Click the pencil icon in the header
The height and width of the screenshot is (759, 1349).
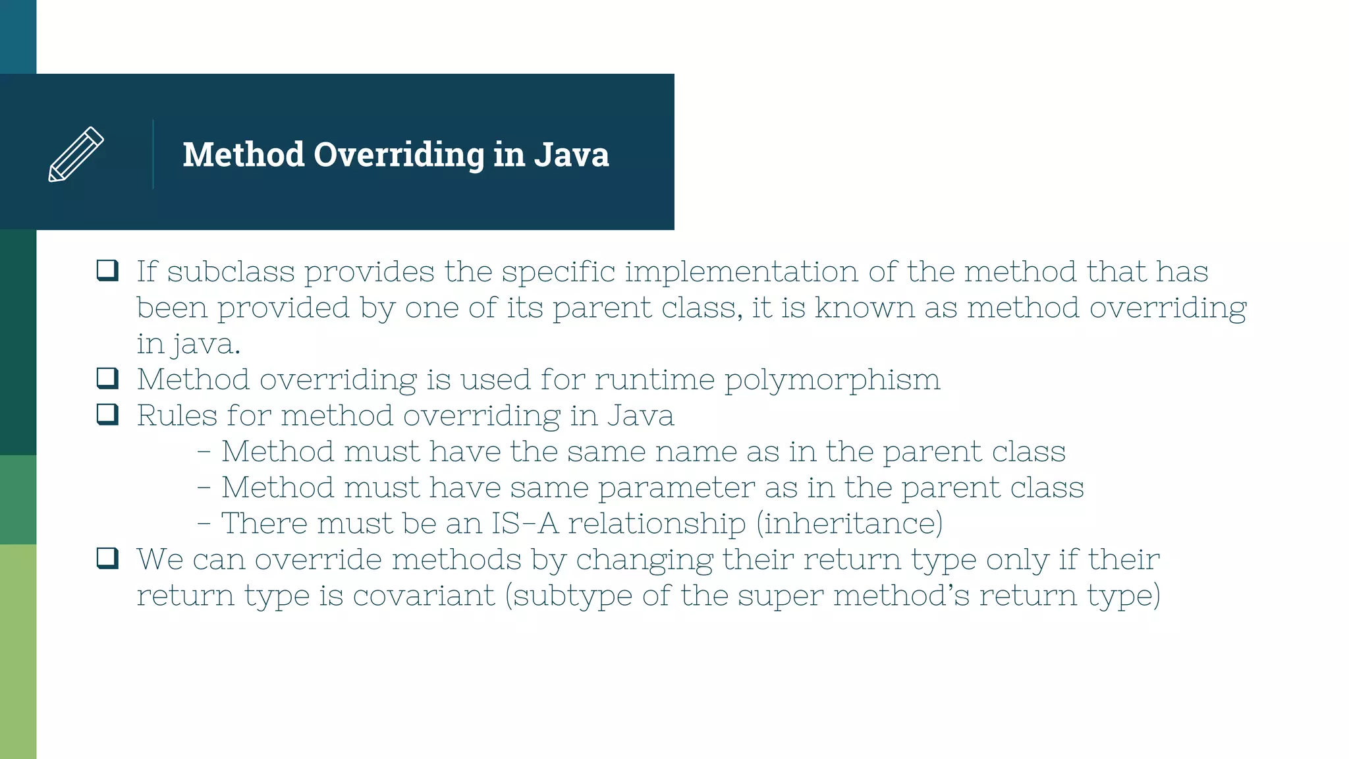(x=76, y=154)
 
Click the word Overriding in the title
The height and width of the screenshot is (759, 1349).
(x=399, y=155)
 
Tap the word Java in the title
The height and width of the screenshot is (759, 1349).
(x=571, y=154)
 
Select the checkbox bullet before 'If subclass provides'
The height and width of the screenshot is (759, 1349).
(x=107, y=270)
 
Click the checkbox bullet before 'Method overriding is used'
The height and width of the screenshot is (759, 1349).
(x=107, y=378)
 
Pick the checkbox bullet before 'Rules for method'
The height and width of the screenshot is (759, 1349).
(x=107, y=414)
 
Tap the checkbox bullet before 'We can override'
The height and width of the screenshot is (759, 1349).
(x=107, y=558)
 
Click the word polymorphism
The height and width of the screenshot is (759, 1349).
(x=832, y=381)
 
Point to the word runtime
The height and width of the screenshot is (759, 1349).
(x=654, y=379)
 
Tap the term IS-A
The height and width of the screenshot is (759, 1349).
(x=524, y=523)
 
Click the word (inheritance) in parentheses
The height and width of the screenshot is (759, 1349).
(x=849, y=523)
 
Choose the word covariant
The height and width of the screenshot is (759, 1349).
(x=424, y=595)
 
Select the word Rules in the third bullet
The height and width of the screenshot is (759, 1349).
(x=177, y=416)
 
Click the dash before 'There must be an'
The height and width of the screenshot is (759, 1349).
(x=204, y=524)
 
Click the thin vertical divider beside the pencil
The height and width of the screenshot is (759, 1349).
(x=153, y=154)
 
